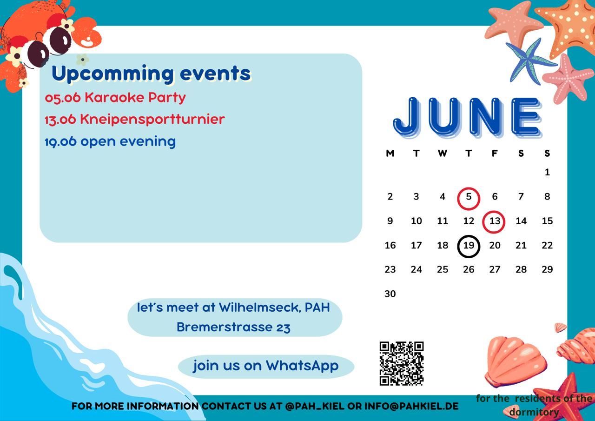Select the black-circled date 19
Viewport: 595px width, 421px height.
pyautogui.click(x=469, y=246)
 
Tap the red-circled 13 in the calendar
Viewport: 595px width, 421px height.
pyautogui.click(x=494, y=222)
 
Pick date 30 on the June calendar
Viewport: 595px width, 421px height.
pyautogui.click(x=390, y=294)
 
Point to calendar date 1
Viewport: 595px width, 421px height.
pyautogui.click(x=547, y=172)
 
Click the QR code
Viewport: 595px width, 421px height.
pyautogui.click(x=402, y=364)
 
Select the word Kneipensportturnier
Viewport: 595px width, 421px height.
pyautogui.click(x=152, y=119)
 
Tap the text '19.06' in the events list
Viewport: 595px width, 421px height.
pyautogui.click(x=60, y=141)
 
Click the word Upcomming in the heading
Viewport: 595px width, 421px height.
pyautogui.click(x=112, y=74)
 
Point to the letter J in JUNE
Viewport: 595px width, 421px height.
pyautogui.click(x=407, y=117)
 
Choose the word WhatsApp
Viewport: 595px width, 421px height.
pyautogui.click(x=302, y=366)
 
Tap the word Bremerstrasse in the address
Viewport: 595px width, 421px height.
pyautogui.click(x=224, y=327)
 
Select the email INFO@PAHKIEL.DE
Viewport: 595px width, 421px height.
pyautogui.click(x=411, y=406)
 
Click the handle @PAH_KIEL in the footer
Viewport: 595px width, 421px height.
pyautogui.click(x=315, y=407)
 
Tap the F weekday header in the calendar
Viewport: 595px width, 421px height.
pyautogui.click(x=495, y=154)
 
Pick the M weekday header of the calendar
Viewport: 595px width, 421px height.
pyautogui.click(x=390, y=154)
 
